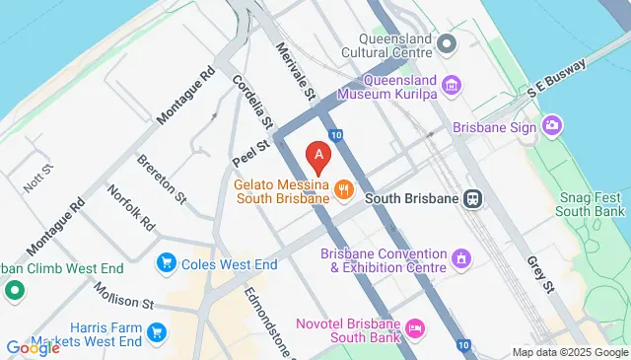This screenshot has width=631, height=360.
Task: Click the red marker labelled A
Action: coord(318,156)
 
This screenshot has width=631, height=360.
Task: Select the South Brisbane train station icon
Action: coord(474,197)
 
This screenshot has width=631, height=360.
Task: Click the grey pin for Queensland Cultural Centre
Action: coord(447,42)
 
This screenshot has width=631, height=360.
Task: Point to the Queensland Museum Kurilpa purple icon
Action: coord(453,85)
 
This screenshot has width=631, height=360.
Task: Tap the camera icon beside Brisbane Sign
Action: coord(552,125)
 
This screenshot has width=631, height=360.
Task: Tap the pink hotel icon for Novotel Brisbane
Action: coord(415,326)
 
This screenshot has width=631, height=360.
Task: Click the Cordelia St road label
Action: coord(251,102)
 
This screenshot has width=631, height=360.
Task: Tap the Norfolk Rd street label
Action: coord(132,208)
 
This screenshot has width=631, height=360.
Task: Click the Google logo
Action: coord(33,347)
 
